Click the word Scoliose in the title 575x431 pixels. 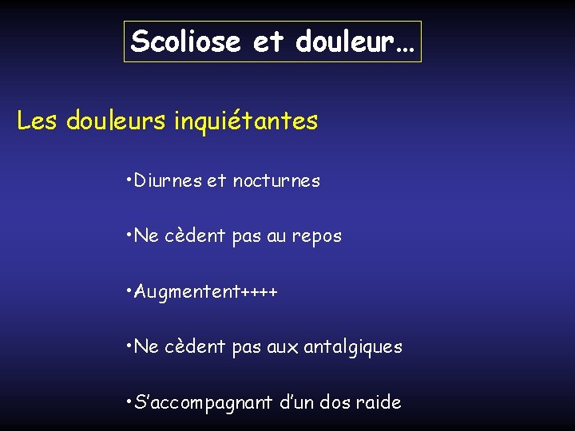(x=185, y=41)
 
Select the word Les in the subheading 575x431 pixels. (x=38, y=121)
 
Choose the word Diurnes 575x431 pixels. (x=169, y=181)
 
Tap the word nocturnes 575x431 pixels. (x=276, y=181)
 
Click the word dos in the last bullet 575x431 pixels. (x=335, y=402)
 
